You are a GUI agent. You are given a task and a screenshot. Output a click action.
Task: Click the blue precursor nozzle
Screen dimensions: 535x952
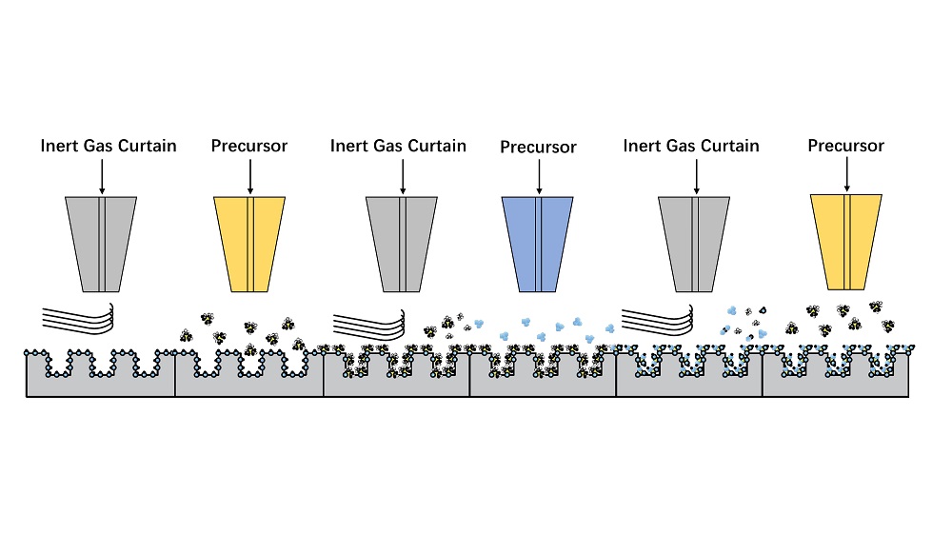point(538,244)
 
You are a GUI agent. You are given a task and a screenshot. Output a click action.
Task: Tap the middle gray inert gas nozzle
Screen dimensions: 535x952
point(402,244)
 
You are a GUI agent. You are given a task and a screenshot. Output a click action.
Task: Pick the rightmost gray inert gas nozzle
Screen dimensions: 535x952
point(694,244)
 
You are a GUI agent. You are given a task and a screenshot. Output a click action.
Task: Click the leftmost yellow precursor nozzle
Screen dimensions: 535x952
point(249,244)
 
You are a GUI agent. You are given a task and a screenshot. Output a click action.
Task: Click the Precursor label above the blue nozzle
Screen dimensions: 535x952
point(538,148)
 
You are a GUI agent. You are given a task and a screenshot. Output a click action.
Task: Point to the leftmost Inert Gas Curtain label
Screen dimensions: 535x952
point(108,147)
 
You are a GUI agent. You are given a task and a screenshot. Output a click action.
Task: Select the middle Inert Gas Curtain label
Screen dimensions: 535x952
point(398,147)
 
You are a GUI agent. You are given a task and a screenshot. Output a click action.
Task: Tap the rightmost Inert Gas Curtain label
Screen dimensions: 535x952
point(691,147)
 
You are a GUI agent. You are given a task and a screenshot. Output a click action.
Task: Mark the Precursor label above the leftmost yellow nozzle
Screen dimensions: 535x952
point(249,147)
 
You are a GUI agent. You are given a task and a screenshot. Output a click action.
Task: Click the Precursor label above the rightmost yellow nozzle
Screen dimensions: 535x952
point(845,146)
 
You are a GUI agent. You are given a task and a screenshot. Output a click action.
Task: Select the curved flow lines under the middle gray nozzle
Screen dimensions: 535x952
point(371,318)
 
